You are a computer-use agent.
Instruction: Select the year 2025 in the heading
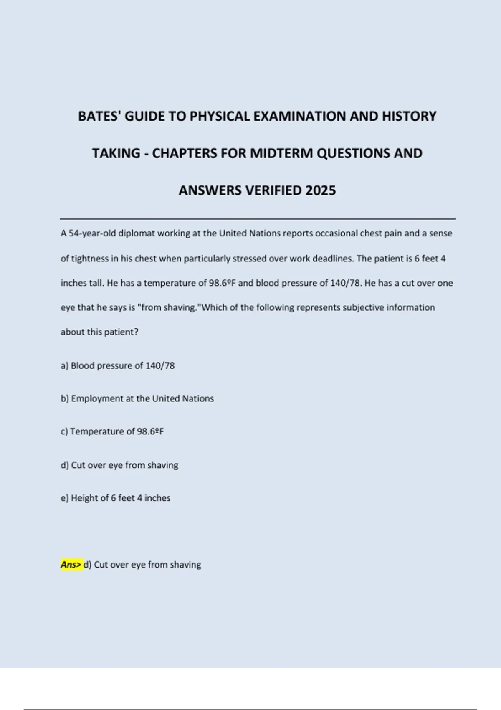[x=320, y=190]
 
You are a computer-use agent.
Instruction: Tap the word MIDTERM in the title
[x=281, y=153]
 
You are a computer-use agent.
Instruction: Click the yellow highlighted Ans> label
[x=71, y=565]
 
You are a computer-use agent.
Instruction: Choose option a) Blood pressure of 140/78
[x=118, y=366]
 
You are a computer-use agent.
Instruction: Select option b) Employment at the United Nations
[x=137, y=399]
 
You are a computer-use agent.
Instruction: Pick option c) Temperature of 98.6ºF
[x=112, y=432]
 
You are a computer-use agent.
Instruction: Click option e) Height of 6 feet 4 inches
[x=116, y=498]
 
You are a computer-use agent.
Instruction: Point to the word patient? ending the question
[x=122, y=332]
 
